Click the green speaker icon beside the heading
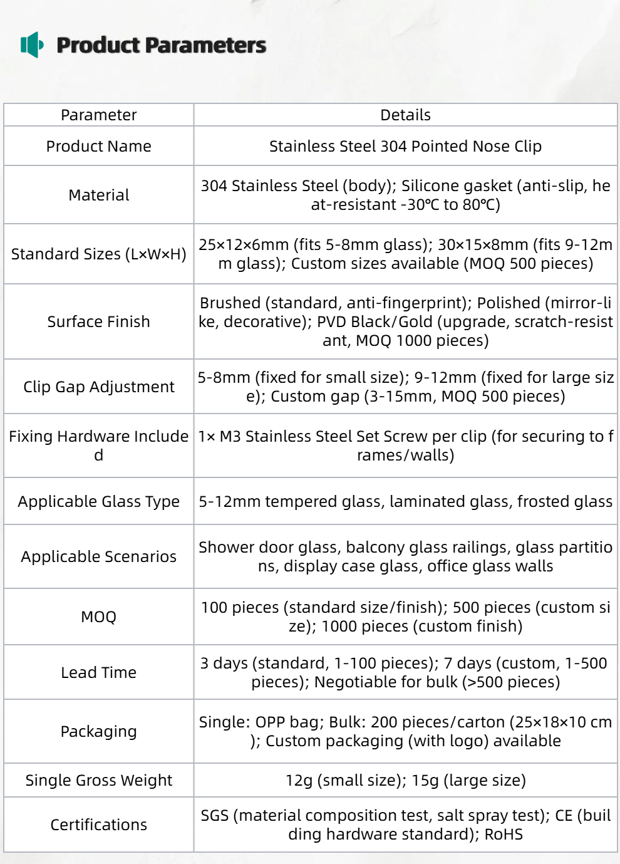click(x=32, y=44)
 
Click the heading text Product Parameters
click(x=161, y=45)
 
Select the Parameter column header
click(x=98, y=115)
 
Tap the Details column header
click(x=405, y=115)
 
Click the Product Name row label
click(x=98, y=146)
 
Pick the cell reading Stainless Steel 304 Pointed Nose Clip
click(x=405, y=146)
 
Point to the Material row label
click(x=98, y=195)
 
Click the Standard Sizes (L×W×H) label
click(x=98, y=254)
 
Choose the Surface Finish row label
click(x=98, y=321)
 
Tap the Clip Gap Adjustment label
click(x=98, y=387)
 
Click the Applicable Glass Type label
click(x=98, y=501)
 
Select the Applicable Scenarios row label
click(x=98, y=556)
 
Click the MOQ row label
click(x=98, y=617)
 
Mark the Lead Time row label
click(x=98, y=672)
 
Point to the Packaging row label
click(x=98, y=731)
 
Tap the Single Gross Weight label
click(x=98, y=780)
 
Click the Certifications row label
click(x=98, y=825)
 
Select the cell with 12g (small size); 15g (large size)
click(x=405, y=780)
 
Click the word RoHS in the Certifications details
click(x=504, y=835)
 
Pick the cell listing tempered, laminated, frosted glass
click(x=405, y=501)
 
